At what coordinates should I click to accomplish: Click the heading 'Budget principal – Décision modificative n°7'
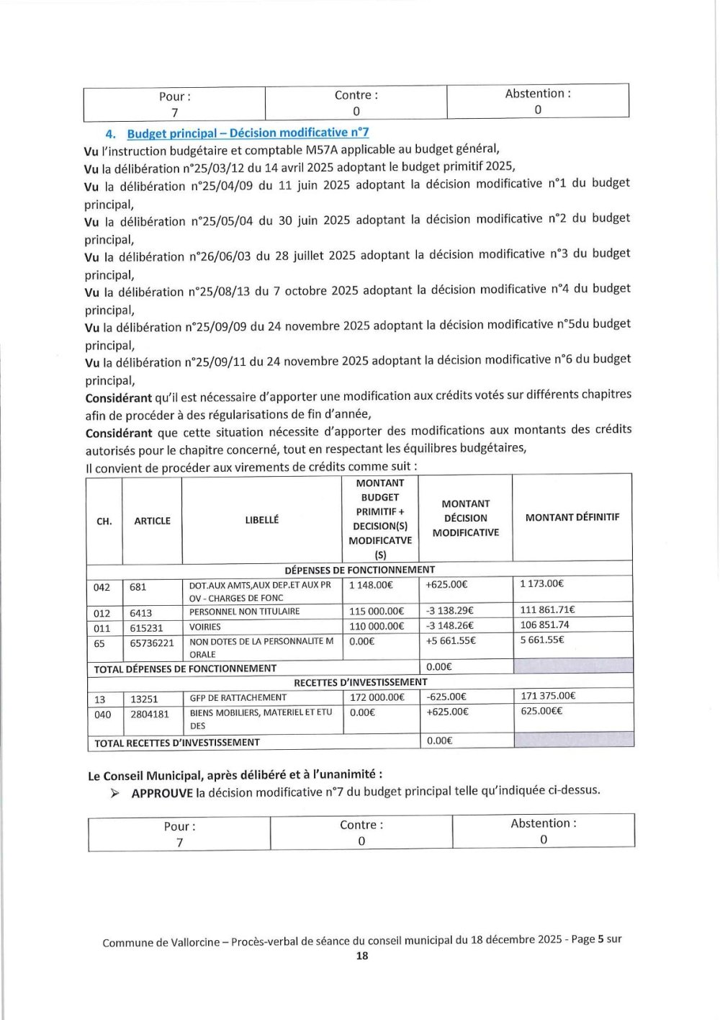pos(248,133)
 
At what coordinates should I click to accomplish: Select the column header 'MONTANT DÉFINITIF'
pos(572,517)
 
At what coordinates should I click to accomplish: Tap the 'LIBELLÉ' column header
pos(261,519)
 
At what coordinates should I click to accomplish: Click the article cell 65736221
pos(152,643)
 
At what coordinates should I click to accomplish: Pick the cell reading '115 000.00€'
pos(377,612)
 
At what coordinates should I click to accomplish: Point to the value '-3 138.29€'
pos(451,611)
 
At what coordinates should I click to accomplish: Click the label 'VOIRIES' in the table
pos(205,627)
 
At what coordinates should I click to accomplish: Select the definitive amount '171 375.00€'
pos(548,696)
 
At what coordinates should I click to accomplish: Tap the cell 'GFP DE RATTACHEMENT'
pos(238,697)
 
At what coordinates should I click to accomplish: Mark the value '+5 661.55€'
pos(451,640)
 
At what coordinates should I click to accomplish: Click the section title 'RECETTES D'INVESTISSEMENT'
pos(360,681)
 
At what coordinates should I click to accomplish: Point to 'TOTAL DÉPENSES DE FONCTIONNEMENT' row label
pos(185,668)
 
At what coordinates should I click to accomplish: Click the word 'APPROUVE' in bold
pos(162,793)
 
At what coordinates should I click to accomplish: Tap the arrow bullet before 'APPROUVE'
pos(115,794)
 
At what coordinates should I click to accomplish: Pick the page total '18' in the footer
pos(362,956)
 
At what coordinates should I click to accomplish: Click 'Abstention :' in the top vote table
pos(538,94)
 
